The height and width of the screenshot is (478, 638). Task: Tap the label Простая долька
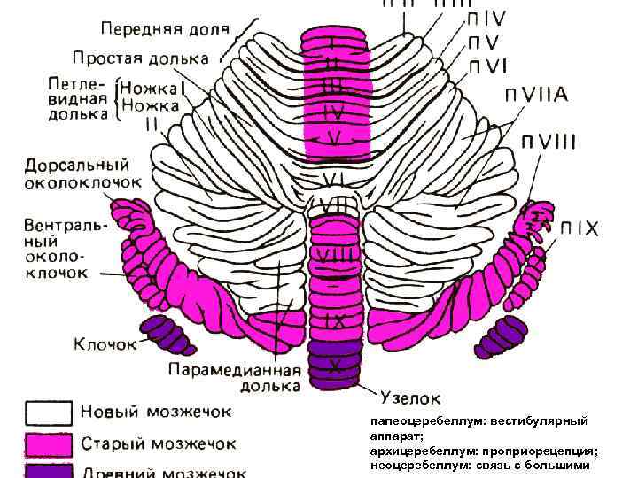[140, 58]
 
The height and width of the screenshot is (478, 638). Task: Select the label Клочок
[105, 342]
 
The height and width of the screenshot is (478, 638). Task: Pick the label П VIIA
[537, 95]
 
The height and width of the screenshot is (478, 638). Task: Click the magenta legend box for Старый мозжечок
[49, 442]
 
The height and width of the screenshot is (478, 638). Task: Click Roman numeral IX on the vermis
[334, 316]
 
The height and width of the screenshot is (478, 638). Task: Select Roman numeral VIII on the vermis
[334, 256]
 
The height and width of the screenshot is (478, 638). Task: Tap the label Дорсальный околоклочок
[77, 173]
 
